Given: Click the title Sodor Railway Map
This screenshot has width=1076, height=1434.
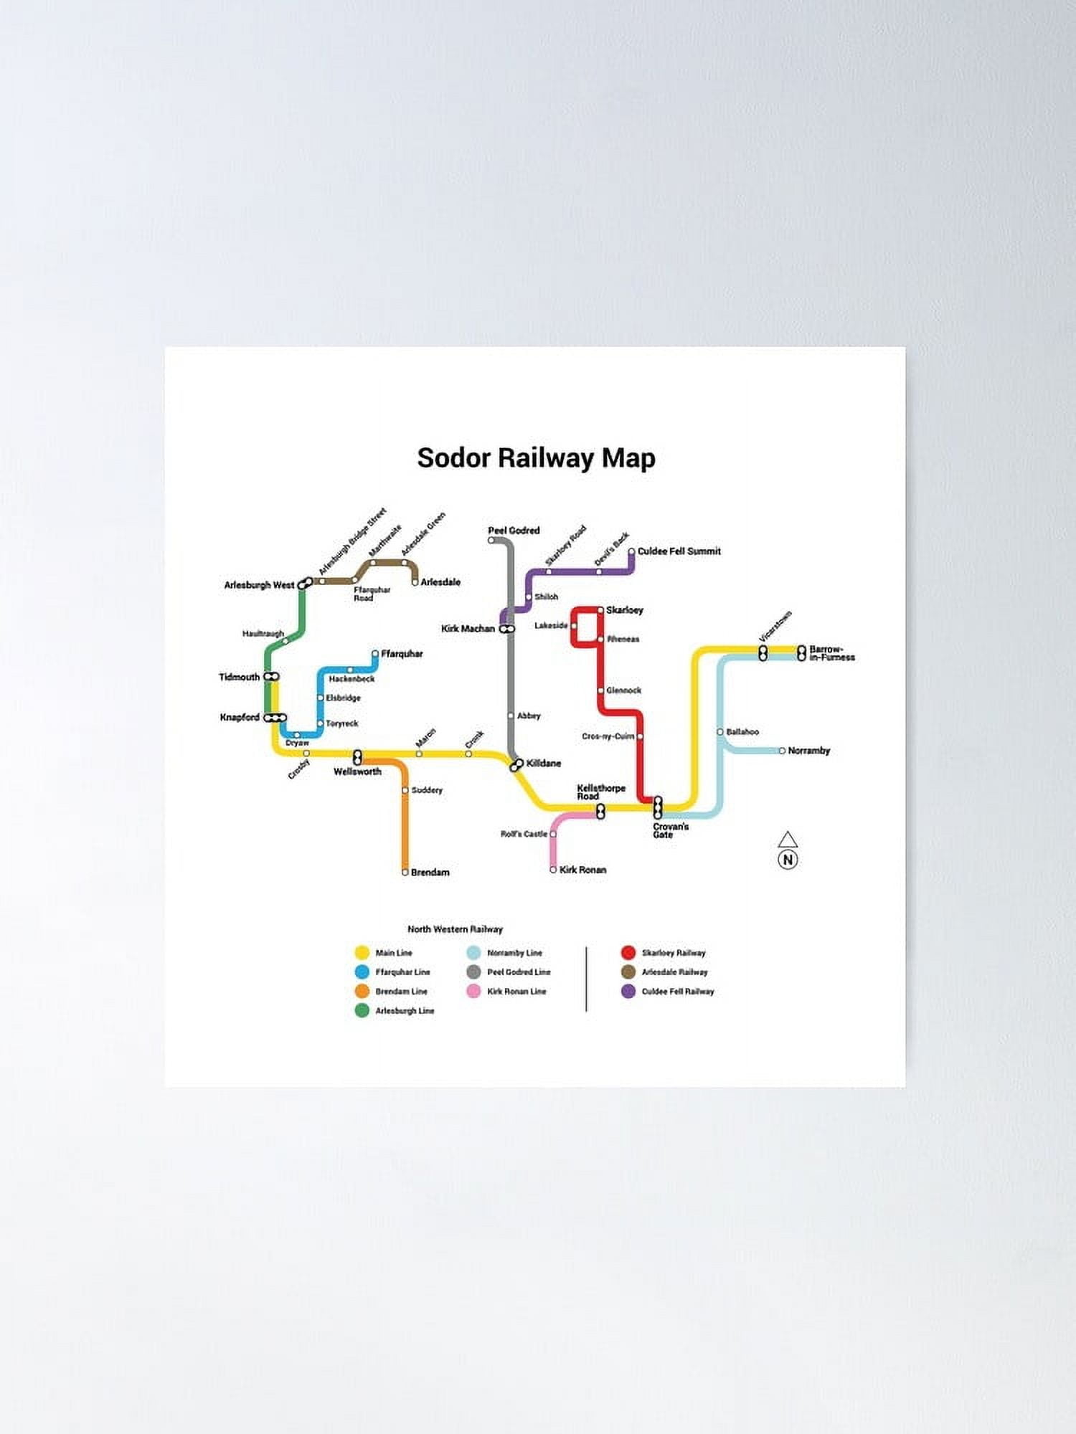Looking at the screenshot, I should tap(536, 458).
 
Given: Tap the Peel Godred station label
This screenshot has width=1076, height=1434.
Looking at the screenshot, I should tap(514, 531).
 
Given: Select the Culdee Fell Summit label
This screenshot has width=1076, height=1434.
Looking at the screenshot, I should tap(679, 551).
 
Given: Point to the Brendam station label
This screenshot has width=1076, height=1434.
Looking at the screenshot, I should tap(430, 873).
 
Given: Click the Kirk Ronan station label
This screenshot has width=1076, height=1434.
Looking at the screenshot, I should tap(582, 870).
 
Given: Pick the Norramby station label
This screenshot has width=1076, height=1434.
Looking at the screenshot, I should tap(808, 751).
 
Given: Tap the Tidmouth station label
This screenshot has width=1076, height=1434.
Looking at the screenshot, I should tap(239, 677).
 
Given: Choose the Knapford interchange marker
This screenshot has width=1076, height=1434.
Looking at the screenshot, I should tap(275, 718).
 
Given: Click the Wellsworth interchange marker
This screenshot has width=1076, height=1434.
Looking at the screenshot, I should tap(357, 757).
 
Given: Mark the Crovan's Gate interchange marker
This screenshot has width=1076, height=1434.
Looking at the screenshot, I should tap(658, 808).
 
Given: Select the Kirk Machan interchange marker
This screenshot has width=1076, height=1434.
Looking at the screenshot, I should tap(507, 629).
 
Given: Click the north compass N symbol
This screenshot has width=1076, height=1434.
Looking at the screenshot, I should tap(788, 860).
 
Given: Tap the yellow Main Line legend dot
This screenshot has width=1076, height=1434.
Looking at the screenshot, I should tap(362, 953).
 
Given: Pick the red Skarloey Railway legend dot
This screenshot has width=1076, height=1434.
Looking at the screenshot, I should tap(628, 953).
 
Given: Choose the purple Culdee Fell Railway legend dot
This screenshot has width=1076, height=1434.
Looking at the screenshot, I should tap(628, 992).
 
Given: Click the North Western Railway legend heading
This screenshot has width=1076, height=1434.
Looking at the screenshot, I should tap(455, 929).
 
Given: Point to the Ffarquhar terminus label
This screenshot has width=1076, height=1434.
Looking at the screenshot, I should tap(402, 654).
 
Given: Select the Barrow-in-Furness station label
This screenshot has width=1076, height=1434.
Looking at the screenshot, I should tap(831, 653).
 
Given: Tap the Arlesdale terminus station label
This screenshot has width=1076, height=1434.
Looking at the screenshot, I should tap(440, 582).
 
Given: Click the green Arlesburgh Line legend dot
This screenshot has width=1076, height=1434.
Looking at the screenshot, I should tap(362, 1011).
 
